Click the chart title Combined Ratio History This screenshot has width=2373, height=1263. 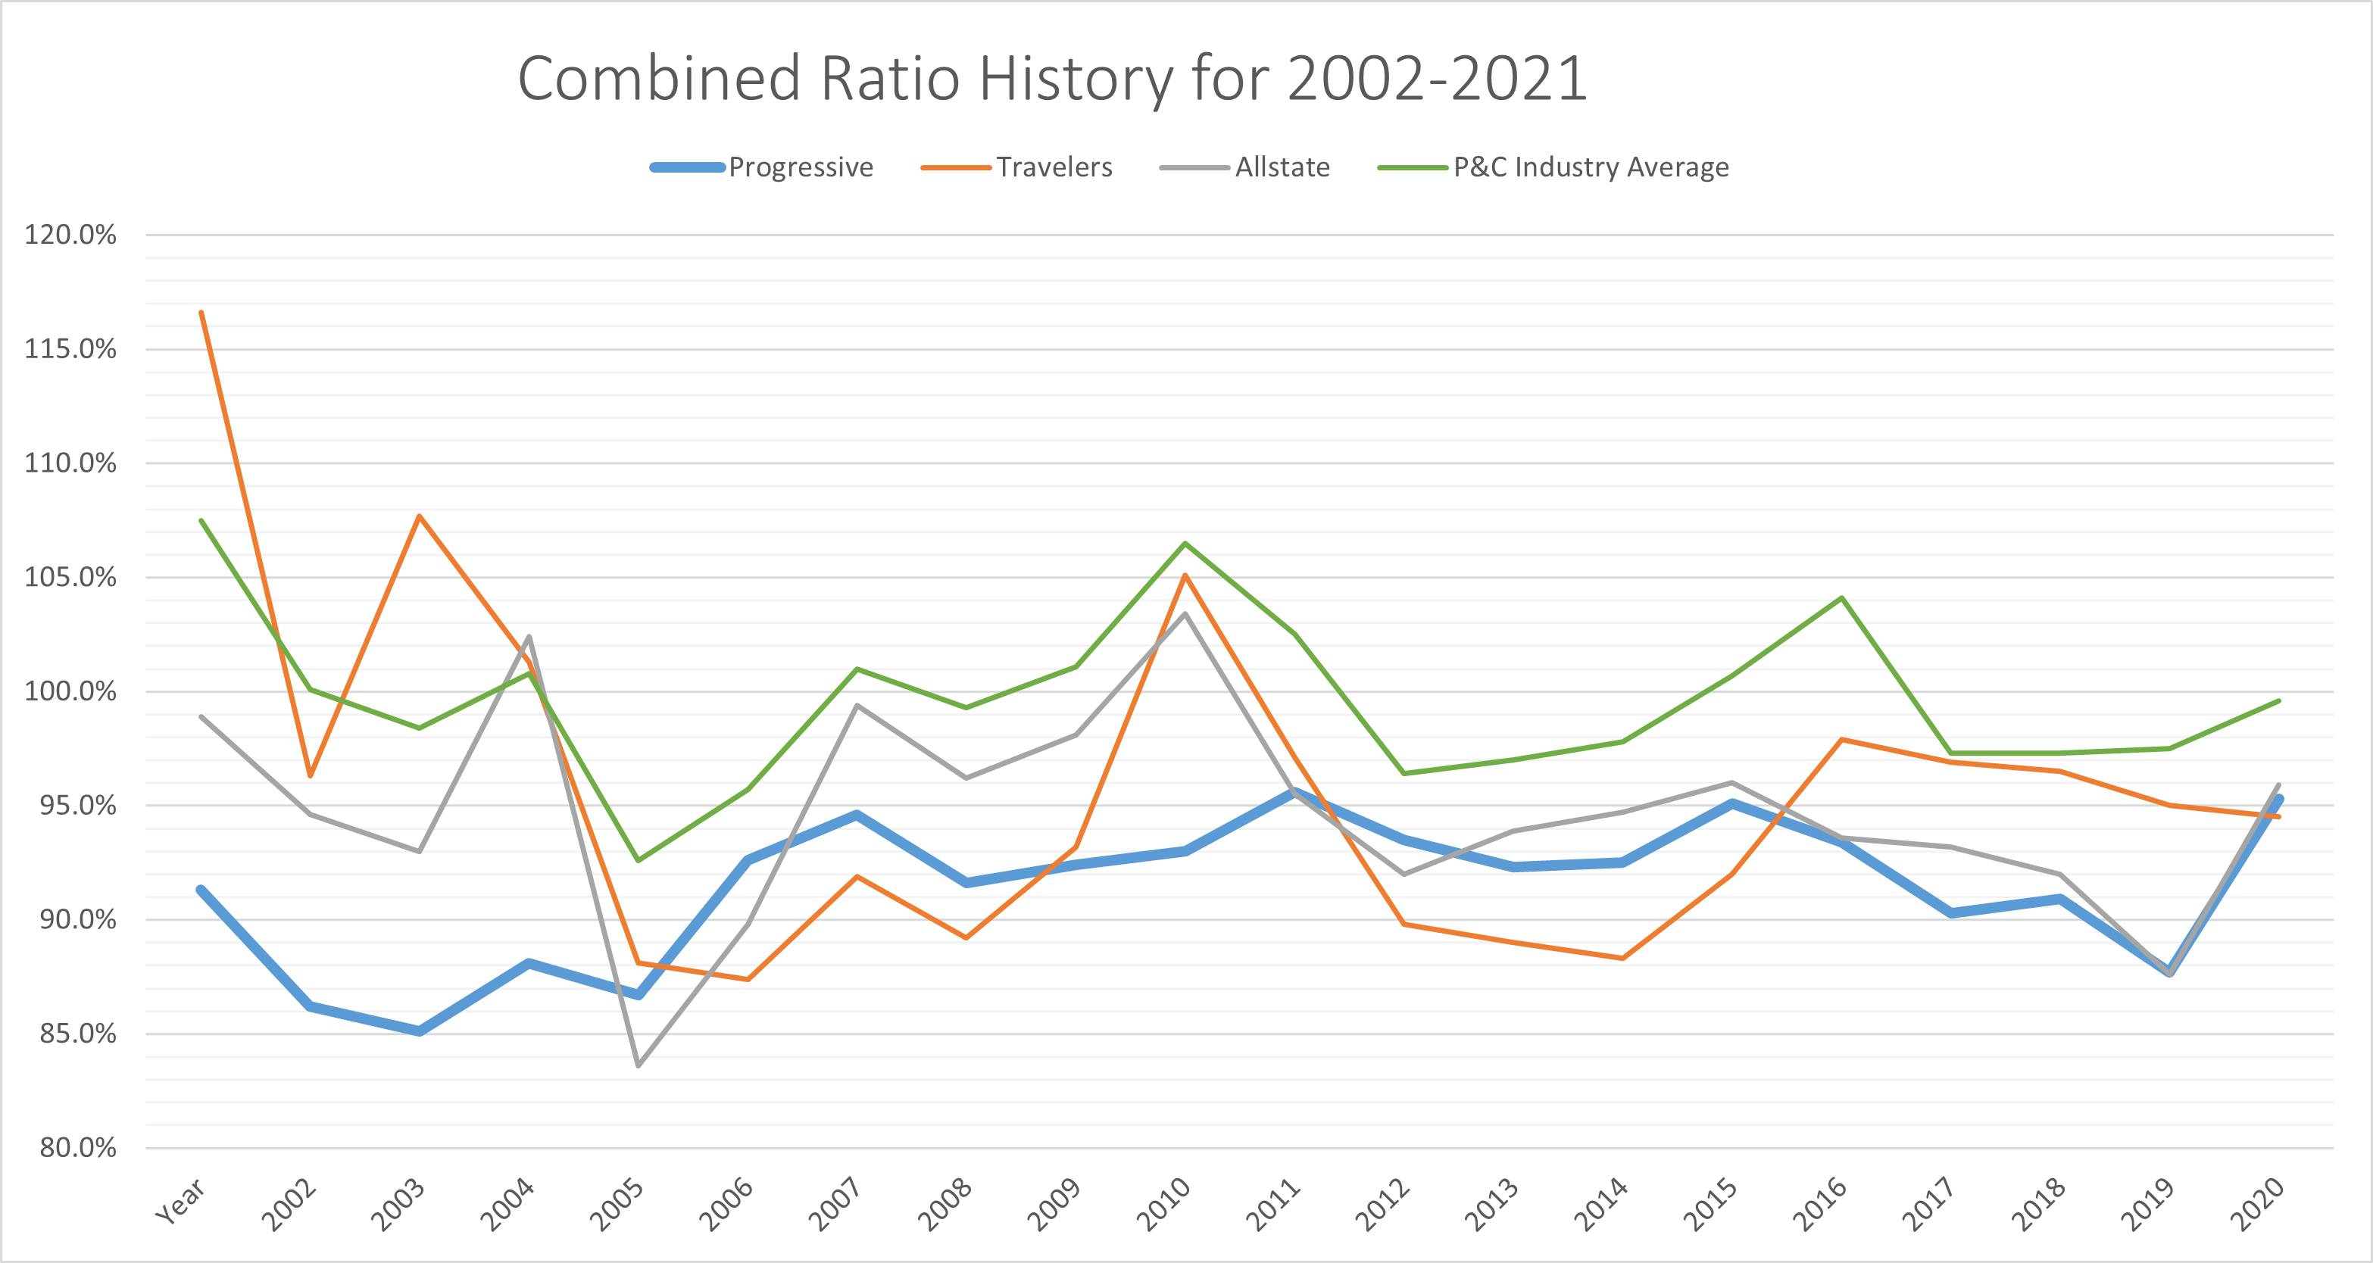pos(1052,78)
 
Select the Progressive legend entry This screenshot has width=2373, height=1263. pos(800,167)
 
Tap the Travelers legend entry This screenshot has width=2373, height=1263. pos(1054,167)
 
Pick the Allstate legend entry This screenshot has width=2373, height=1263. pos(1282,167)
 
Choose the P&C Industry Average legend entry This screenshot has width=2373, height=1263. pos(1590,167)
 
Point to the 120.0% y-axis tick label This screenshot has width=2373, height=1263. pos(70,235)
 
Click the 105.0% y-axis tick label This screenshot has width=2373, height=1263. pos(70,578)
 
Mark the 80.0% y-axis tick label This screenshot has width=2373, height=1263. pos(77,1148)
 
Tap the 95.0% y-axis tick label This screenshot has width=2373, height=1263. pos(77,806)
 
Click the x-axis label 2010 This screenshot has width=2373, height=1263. pos(1163,1205)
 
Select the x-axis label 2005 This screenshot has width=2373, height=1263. pos(617,1205)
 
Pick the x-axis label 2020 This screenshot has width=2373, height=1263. pos(2257,1205)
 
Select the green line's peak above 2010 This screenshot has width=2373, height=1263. pos(1185,544)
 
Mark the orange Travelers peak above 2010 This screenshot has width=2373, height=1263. pos(1185,575)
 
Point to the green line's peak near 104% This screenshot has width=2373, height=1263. pos(1841,598)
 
